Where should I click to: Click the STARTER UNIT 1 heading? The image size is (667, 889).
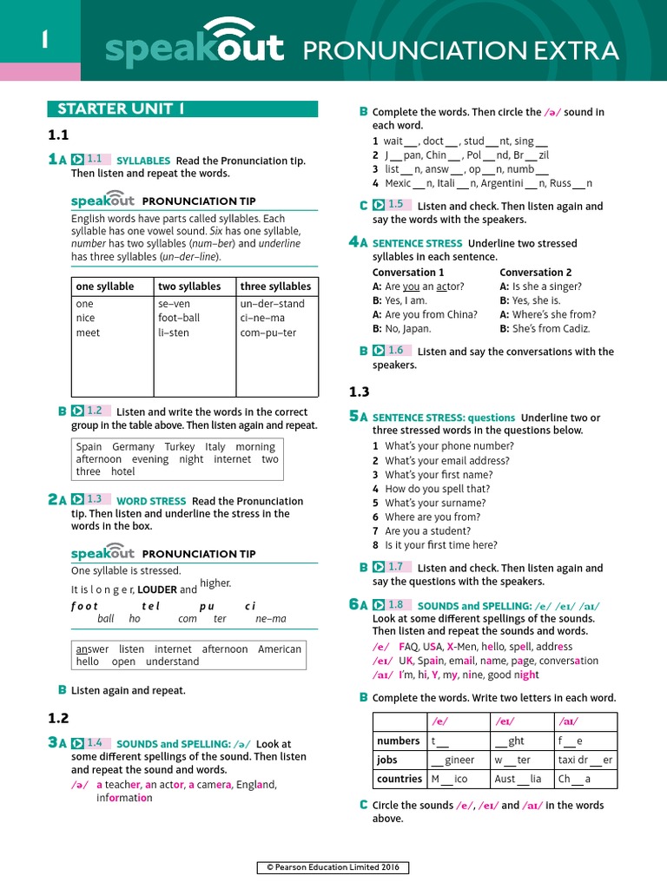(121, 109)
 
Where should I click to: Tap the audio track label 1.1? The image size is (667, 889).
(95, 159)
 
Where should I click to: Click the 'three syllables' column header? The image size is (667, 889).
(275, 286)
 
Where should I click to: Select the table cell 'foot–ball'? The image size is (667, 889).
(179, 318)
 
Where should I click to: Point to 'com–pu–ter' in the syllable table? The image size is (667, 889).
(268, 333)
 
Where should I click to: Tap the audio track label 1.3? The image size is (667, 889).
(95, 499)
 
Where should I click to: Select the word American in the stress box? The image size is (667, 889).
(280, 649)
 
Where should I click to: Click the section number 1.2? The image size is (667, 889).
(58, 718)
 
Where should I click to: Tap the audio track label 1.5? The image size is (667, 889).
(396, 205)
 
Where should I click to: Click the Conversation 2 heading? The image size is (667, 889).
(536, 272)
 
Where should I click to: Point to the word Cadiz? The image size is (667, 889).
(576, 329)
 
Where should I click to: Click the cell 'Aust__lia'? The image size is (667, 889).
(518, 779)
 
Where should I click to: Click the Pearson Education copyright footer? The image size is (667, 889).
(333, 867)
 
